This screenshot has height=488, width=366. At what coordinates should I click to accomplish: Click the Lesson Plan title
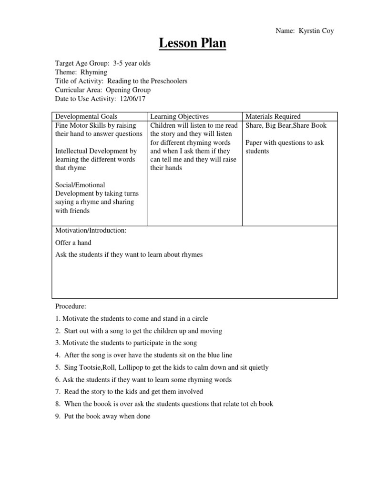click(x=192, y=44)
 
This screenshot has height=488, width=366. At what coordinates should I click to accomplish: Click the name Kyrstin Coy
click(x=316, y=31)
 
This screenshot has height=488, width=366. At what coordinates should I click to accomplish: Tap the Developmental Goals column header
click(x=86, y=117)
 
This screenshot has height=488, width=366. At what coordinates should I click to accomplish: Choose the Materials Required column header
click(x=273, y=117)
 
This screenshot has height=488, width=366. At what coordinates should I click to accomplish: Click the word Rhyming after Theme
click(x=93, y=72)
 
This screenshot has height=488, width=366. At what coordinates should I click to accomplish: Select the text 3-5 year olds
click(x=132, y=63)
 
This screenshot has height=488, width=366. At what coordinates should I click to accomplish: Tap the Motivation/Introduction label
click(x=91, y=230)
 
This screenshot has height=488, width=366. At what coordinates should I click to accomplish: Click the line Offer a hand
click(x=73, y=243)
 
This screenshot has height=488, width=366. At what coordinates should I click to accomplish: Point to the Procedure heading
click(x=71, y=306)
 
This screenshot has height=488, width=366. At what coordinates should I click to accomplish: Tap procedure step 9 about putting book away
click(x=103, y=416)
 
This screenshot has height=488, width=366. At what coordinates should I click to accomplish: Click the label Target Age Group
click(x=82, y=63)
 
